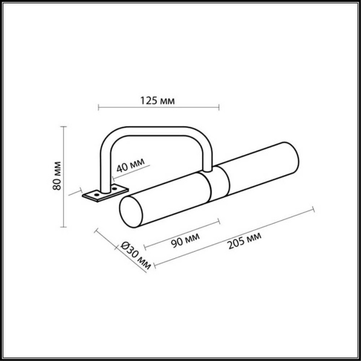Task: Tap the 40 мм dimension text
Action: tap(130, 165)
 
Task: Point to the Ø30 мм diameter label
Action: tap(134, 253)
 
